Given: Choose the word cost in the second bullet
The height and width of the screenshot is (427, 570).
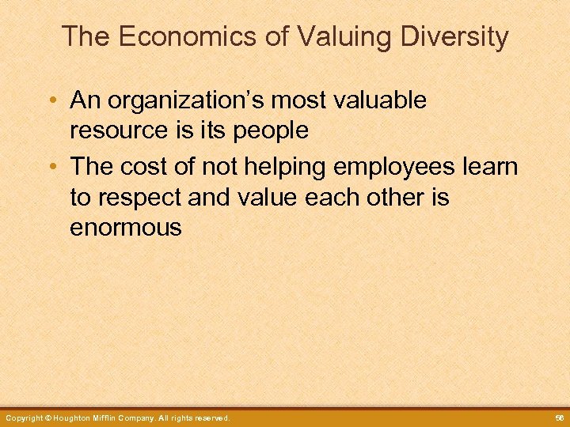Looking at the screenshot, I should coord(149,167).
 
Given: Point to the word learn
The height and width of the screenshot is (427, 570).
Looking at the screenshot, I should coord(491,167).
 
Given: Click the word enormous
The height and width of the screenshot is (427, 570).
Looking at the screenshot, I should coord(126,229).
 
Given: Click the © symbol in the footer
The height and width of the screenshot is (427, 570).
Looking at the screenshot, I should coord(48,418).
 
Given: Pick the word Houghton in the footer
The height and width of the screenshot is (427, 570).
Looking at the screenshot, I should coord(78,418).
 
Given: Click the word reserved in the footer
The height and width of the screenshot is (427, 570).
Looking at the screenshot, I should coord(211,418).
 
